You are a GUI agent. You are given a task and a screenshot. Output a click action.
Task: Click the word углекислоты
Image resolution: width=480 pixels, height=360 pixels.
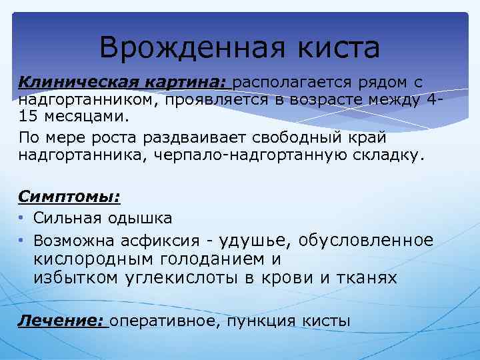(x=175, y=278)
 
